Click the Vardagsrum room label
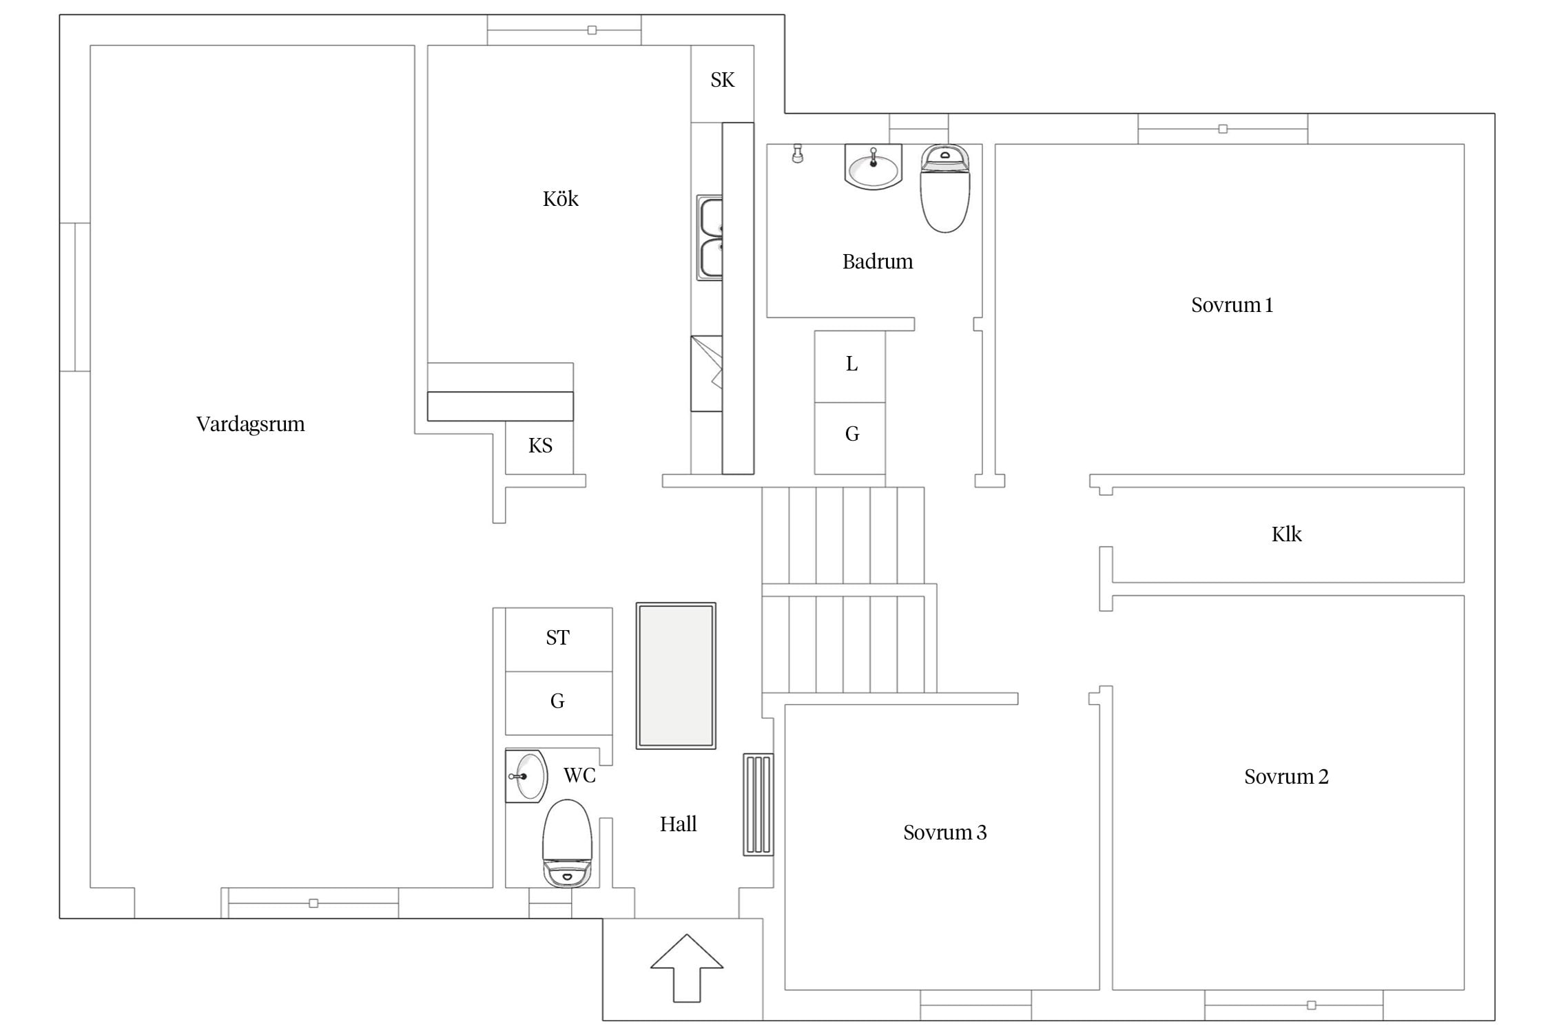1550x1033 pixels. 250,424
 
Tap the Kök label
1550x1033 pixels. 560,199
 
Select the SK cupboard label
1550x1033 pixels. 723,80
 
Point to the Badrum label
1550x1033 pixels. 878,262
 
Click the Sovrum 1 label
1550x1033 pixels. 1232,305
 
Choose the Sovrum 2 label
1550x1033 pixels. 1286,777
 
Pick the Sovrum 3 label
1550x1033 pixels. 944,833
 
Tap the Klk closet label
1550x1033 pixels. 1286,534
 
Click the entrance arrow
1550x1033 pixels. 687,968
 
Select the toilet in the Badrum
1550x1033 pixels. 945,189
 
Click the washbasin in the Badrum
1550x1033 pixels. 874,167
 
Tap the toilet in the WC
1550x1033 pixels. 568,844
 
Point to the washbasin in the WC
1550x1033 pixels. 527,777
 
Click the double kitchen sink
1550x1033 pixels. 710,238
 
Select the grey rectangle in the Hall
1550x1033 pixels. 676,676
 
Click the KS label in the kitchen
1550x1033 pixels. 540,446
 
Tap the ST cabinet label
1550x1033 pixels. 557,638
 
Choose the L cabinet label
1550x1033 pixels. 851,364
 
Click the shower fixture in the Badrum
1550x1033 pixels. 798,153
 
